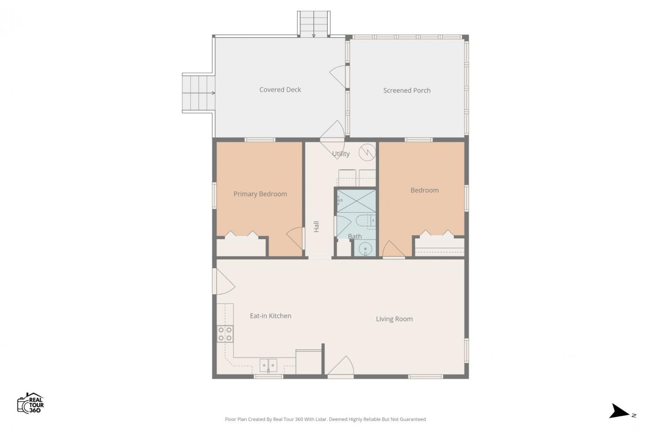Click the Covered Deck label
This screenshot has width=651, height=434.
(x=280, y=89)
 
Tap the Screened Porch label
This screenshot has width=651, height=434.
(x=407, y=90)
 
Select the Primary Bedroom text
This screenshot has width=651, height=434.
(x=260, y=194)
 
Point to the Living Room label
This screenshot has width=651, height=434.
(x=394, y=319)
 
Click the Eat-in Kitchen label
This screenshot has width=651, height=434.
(x=270, y=316)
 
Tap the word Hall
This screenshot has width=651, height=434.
(x=316, y=227)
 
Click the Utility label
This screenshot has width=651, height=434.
(x=341, y=154)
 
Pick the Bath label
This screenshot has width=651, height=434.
(x=355, y=237)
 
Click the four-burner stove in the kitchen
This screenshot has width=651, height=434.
(x=225, y=334)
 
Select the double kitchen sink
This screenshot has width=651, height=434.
(x=268, y=365)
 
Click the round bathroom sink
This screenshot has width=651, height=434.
(x=365, y=249)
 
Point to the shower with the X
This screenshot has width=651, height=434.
(x=356, y=201)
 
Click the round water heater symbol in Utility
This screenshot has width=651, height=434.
(x=367, y=152)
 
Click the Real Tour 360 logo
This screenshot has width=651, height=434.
(x=30, y=403)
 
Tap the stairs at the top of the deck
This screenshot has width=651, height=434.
(x=314, y=24)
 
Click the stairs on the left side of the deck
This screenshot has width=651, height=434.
(x=198, y=93)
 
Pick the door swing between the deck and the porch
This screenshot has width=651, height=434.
(x=337, y=76)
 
